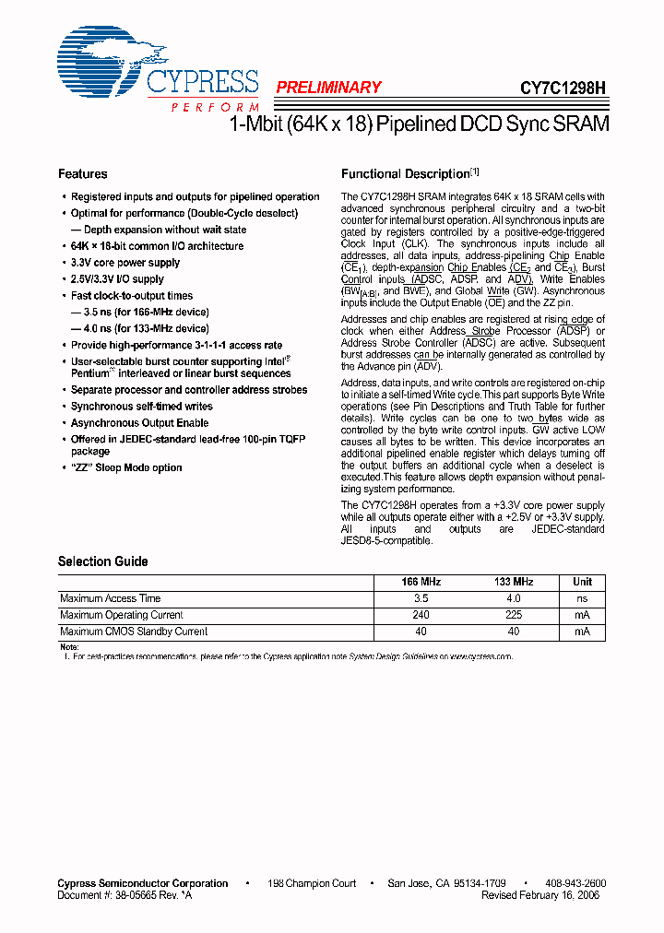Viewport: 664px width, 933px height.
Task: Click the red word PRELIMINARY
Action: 328,88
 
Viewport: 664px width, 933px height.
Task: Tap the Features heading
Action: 82,174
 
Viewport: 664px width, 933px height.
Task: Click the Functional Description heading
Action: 406,174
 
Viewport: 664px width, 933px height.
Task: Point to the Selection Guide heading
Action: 102,561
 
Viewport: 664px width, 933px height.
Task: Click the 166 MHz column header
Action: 421,582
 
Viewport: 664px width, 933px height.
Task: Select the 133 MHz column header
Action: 514,582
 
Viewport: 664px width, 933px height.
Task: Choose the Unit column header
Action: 582,582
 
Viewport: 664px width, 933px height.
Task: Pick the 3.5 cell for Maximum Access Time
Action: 421,598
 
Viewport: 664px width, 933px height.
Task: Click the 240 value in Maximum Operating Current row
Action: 421,615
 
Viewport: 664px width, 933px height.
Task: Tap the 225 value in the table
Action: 514,615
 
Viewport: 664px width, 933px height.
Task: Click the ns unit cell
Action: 582,598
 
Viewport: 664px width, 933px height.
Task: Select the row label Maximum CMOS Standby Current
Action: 134,632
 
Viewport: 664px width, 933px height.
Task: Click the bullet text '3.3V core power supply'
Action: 125,263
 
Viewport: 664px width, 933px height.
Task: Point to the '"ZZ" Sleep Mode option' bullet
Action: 126,467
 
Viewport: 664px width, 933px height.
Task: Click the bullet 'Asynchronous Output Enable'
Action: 140,423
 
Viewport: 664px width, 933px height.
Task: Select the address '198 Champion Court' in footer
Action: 312,883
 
